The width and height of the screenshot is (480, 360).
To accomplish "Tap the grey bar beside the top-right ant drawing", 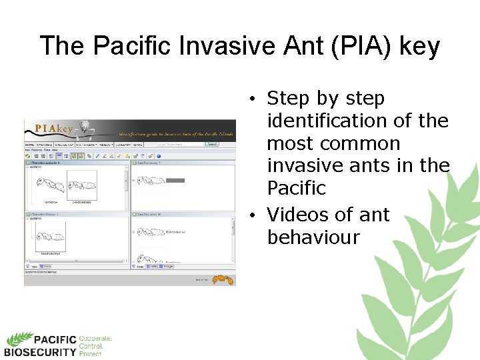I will coord(175,180).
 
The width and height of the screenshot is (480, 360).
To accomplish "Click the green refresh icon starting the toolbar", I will coord(29,155).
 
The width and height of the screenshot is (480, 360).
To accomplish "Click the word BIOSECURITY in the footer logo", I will coord(40,352).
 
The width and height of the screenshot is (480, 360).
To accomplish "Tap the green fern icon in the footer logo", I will coord(19,339).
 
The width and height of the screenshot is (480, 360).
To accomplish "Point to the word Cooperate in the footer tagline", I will coord(95,339).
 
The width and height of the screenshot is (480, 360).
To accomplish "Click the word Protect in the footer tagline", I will coord(91,354).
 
